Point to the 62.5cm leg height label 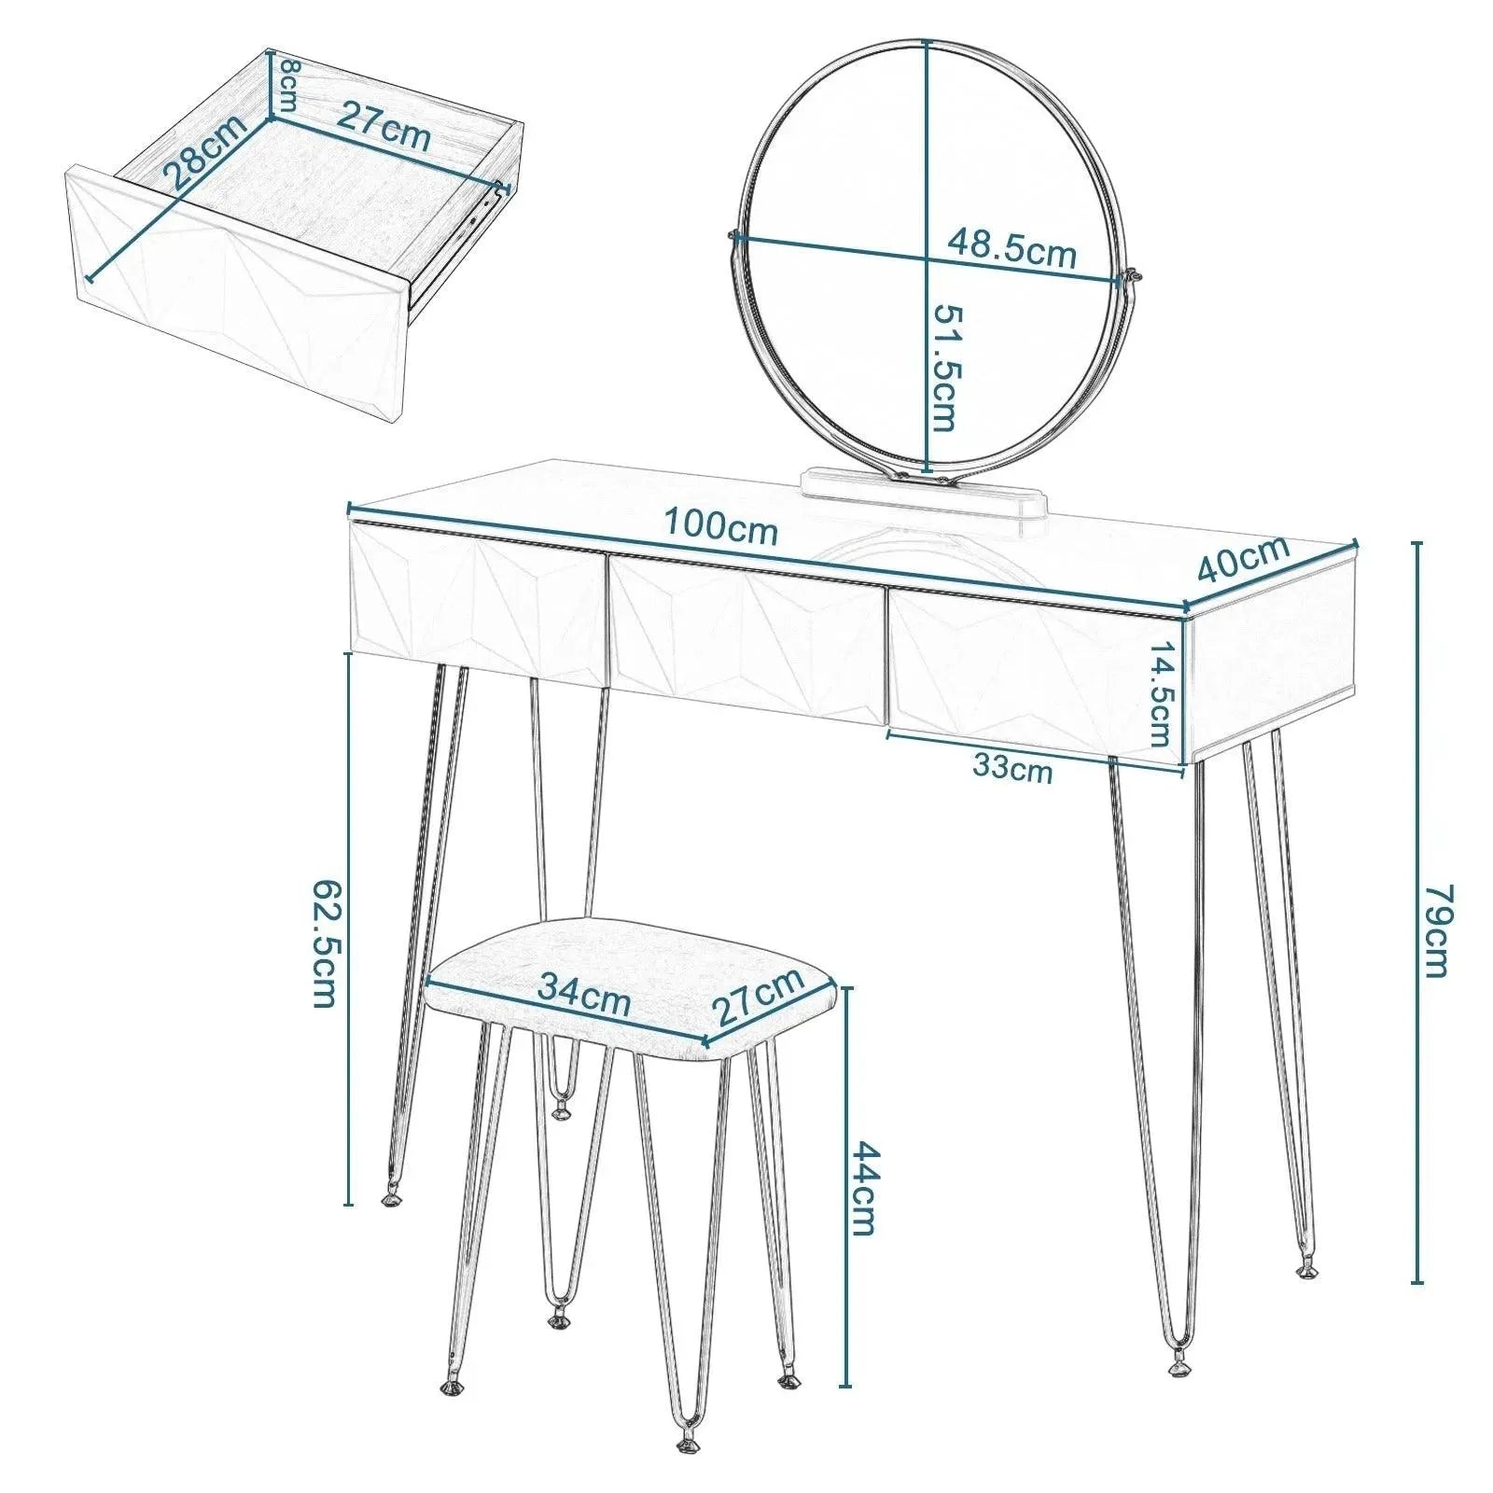(322, 942)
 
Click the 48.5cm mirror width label (1012, 249)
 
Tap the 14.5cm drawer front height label (1159, 695)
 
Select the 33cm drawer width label (1012, 769)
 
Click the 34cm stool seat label (584, 997)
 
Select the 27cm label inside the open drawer (383, 126)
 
